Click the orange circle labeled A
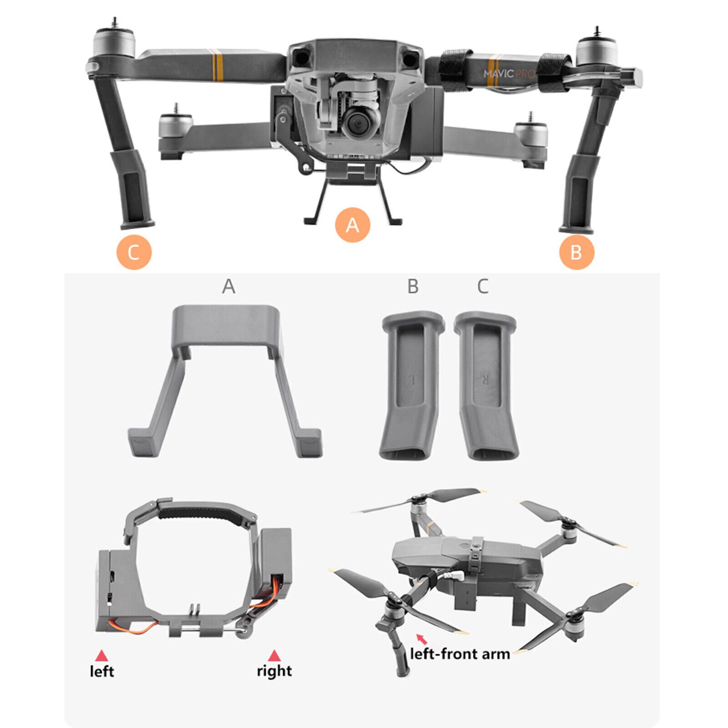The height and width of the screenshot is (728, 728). coord(352,225)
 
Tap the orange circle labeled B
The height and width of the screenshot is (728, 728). coord(576,252)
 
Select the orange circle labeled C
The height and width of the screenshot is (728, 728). coord(134,253)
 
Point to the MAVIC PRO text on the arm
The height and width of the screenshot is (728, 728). coord(508,73)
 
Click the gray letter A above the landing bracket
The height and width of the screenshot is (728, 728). coord(228,287)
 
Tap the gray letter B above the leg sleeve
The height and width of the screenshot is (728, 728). coord(413,287)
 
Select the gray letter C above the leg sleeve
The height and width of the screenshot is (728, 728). coord(483,287)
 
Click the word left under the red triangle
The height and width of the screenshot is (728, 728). coord(102,671)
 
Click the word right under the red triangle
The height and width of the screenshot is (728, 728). coord(274,671)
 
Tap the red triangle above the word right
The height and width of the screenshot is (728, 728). coord(274,656)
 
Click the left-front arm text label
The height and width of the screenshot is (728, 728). coord(460,654)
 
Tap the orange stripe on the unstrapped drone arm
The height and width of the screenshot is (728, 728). coord(218,67)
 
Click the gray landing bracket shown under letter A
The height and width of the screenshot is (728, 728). coord(225,378)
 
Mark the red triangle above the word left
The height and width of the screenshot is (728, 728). coord(101,656)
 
